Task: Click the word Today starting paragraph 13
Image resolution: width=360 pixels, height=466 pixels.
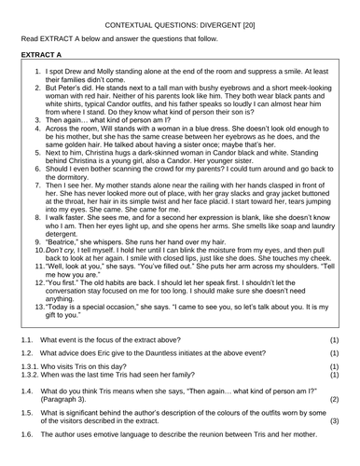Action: (x=63, y=357)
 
